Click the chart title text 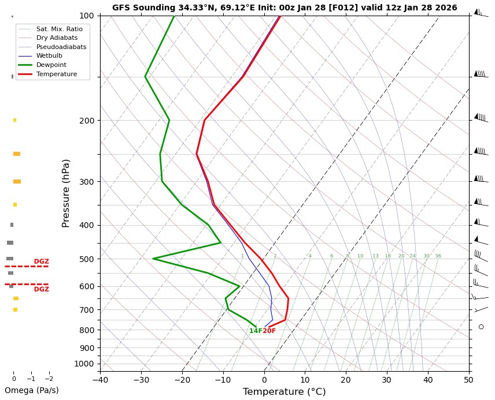[x=285, y=8]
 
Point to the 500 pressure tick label [x=87, y=259]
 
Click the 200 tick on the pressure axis [x=87, y=121]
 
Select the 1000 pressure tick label [x=85, y=364]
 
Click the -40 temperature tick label [x=100, y=380]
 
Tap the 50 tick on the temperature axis [x=468, y=380]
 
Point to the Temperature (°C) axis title [x=284, y=392]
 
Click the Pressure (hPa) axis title [x=66, y=193]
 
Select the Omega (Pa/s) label [x=31, y=390]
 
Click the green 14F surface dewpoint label [x=256, y=331]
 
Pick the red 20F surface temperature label [x=269, y=331]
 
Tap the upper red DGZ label [x=41, y=261]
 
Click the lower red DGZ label [x=41, y=289]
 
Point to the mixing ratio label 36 [x=438, y=256]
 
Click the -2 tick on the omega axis [x=49, y=379]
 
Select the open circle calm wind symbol [x=481, y=327]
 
